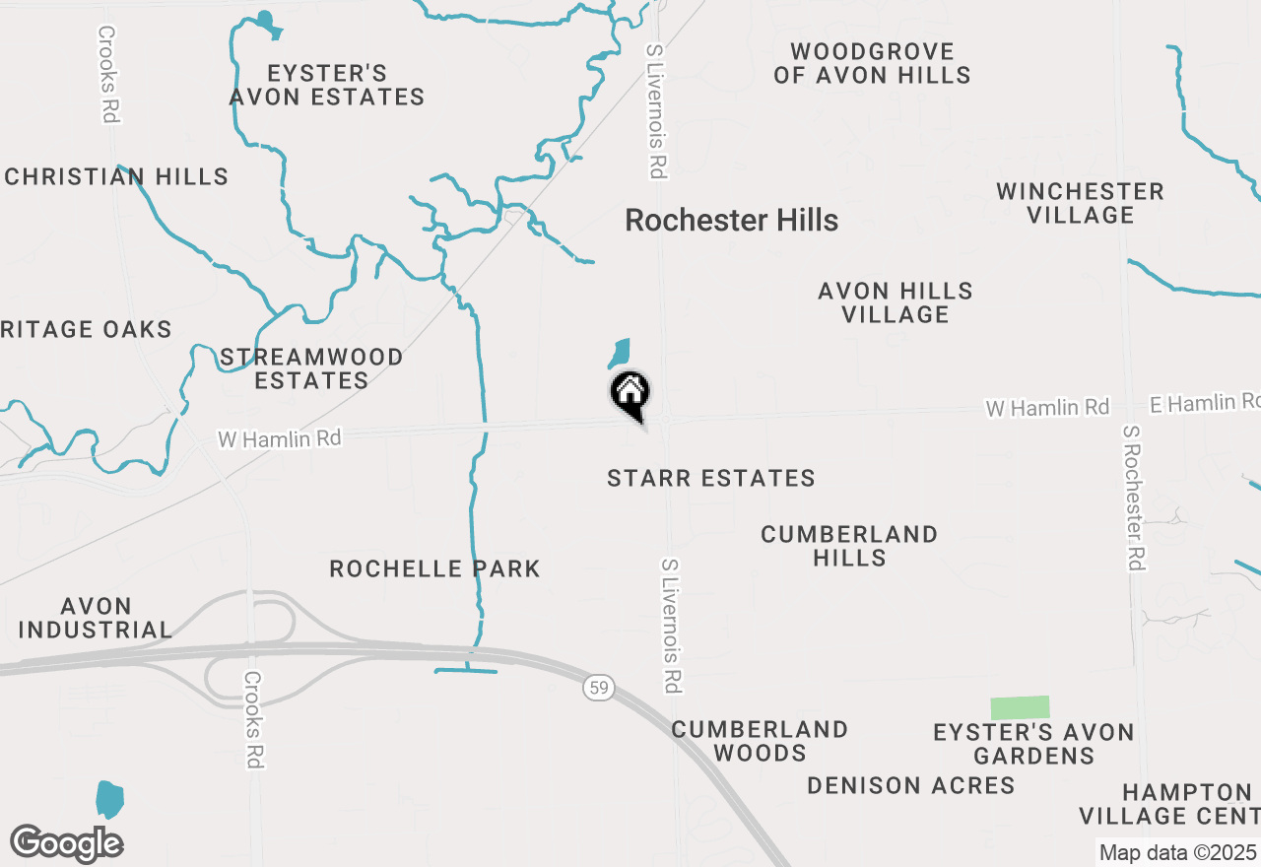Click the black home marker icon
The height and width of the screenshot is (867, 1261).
(630, 394)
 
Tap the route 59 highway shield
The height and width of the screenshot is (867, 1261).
(598, 687)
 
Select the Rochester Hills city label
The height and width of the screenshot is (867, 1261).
(732, 220)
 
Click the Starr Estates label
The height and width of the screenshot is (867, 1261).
(711, 479)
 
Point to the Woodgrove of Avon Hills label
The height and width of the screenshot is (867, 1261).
(872, 63)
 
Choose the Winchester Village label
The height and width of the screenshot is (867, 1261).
(1080, 203)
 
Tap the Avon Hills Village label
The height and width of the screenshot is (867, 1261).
(896, 302)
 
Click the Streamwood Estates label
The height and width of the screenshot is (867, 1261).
(311, 368)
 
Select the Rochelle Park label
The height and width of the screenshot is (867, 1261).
(434, 568)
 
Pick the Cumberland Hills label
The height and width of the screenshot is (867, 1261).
(849, 546)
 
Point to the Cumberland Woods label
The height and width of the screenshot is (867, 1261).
(760, 741)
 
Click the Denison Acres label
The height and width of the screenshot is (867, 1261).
(910, 785)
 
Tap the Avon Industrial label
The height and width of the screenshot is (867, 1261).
(96, 618)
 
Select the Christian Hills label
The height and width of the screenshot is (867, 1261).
(116, 177)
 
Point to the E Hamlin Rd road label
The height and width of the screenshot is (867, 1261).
(1204, 402)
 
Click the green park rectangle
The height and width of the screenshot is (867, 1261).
(1020, 707)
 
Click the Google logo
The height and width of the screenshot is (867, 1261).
(66, 843)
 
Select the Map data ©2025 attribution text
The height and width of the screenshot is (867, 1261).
(1177, 852)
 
